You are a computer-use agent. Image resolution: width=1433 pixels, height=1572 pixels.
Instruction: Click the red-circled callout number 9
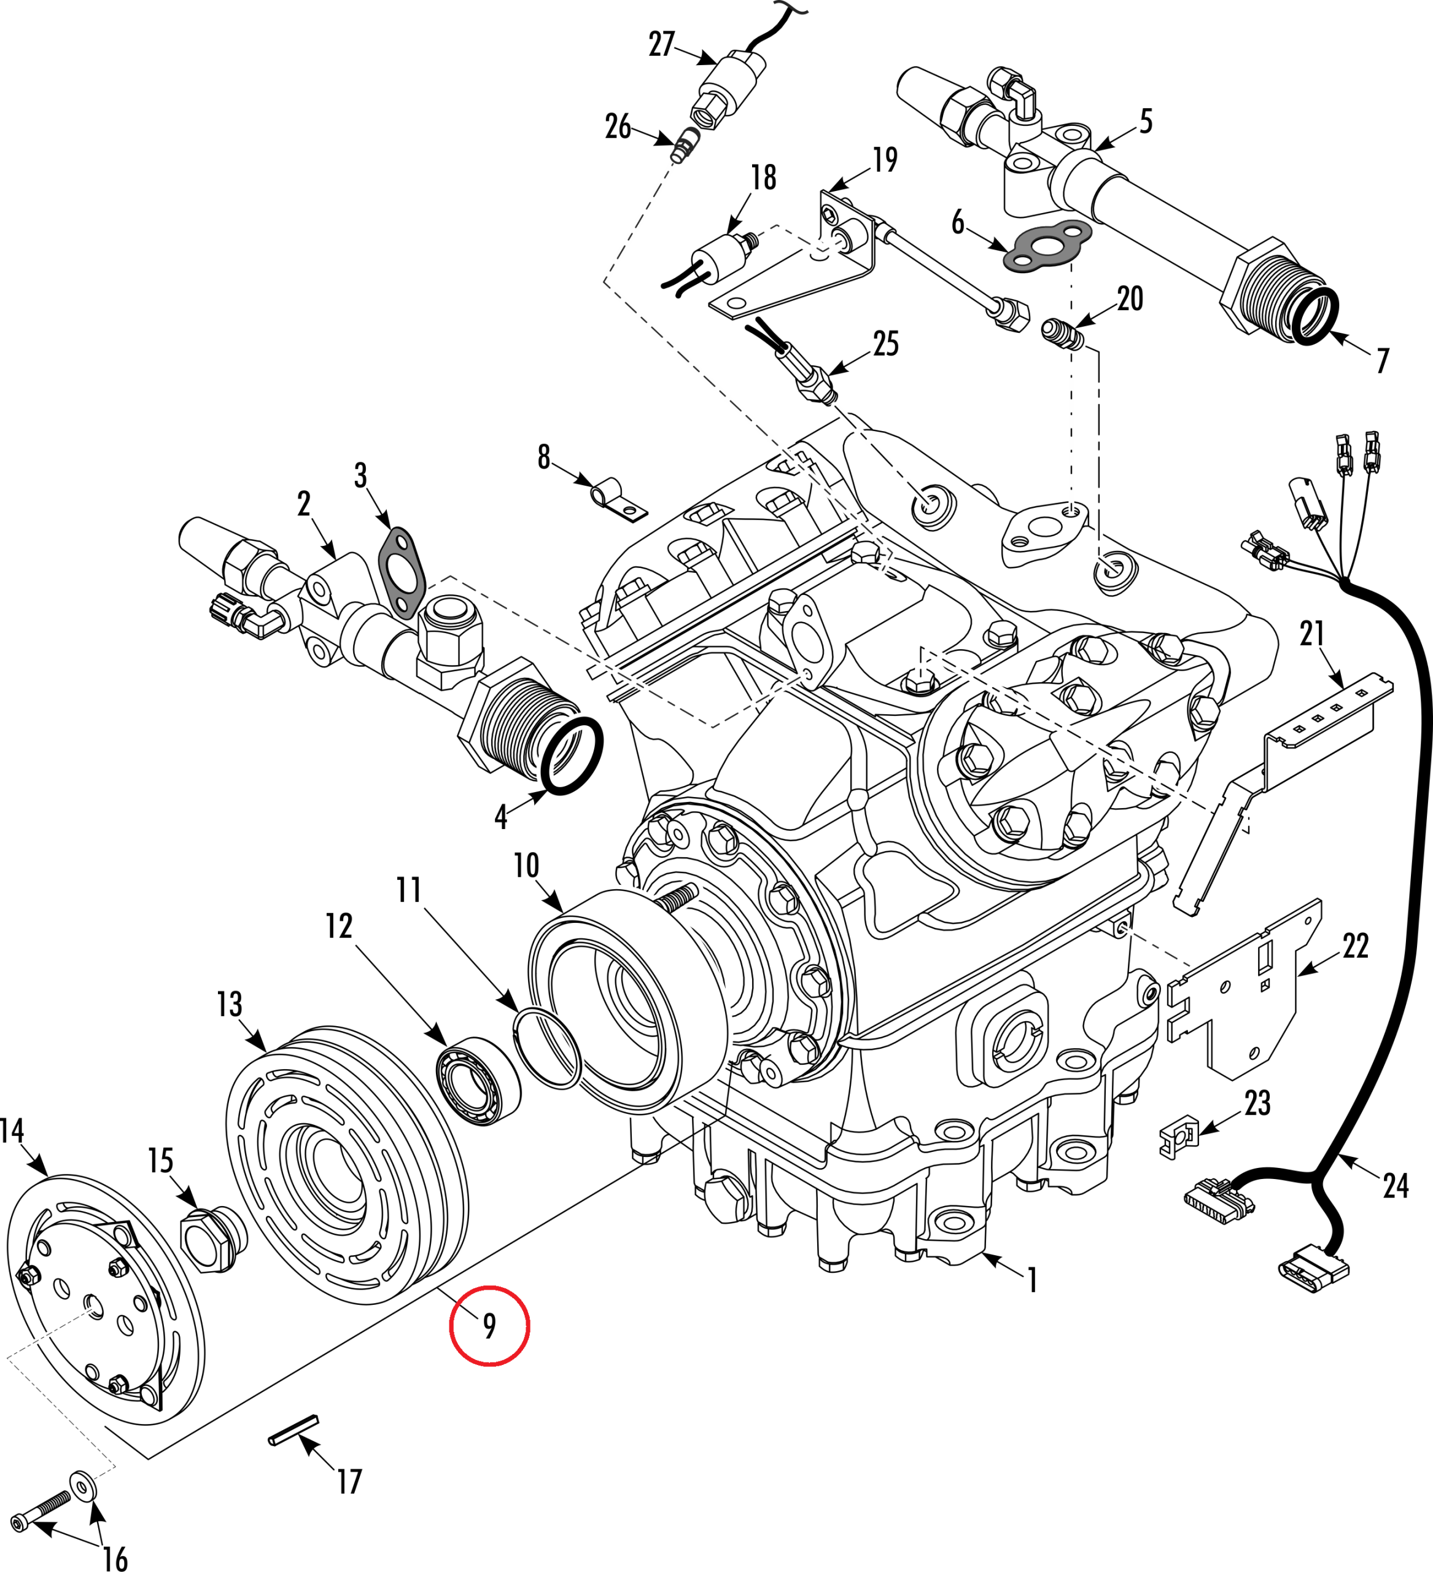click(x=489, y=1326)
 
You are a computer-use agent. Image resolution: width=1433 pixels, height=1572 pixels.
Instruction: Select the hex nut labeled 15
click(x=207, y=1239)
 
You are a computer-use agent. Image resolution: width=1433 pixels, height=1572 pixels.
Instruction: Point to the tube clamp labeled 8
click(x=618, y=499)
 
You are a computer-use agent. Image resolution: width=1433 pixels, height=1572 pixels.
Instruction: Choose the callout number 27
click(x=661, y=44)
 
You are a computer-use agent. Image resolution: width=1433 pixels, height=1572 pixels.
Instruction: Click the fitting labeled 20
click(x=1063, y=333)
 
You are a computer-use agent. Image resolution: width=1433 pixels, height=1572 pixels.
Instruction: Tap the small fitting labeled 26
click(x=685, y=146)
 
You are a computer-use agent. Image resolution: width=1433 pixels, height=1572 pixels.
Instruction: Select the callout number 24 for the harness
click(x=1396, y=1186)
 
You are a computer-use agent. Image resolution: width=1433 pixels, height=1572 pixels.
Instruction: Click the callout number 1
click(x=1032, y=1280)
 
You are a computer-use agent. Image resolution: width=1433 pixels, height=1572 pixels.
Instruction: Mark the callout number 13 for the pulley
click(x=229, y=1005)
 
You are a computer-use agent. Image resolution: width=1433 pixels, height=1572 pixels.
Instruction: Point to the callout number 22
click(x=1355, y=946)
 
